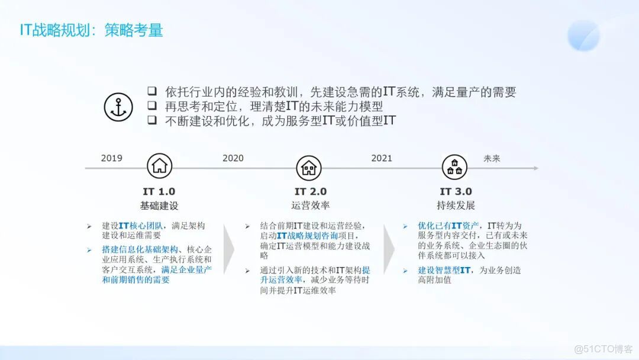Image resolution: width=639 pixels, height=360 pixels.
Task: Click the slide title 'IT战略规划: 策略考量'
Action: (x=91, y=30)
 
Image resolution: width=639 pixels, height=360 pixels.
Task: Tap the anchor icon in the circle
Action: (x=118, y=107)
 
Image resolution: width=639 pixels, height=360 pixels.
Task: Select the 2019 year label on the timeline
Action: (x=111, y=158)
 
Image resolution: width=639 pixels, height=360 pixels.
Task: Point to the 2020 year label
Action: (x=233, y=158)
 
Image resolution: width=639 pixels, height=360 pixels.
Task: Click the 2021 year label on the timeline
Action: (x=382, y=158)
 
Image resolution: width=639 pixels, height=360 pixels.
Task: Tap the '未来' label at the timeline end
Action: (x=492, y=158)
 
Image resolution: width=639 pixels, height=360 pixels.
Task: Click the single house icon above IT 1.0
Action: (x=159, y=166)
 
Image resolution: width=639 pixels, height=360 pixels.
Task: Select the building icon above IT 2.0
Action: (x=308, y=168)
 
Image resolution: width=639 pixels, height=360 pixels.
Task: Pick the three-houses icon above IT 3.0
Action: (x=454, y=168)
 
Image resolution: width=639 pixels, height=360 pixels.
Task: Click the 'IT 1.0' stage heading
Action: (x=159, y=191)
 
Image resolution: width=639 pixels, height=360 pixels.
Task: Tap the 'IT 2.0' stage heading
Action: (x=311, y=191)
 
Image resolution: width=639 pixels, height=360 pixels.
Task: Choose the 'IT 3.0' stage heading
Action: (x=456, y=191)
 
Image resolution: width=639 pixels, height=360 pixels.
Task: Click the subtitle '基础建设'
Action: (x=159, y=206)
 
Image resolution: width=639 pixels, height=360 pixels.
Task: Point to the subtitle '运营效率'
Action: (x=311, y=206)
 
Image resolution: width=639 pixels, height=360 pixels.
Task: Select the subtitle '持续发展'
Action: (x=456, y=206)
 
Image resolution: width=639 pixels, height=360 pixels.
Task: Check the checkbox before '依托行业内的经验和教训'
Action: (x=152, y=91)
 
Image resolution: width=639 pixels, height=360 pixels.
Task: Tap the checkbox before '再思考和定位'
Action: (x=152, y=106)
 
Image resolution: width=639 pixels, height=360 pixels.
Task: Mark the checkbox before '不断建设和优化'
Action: (x=152, y=120)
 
